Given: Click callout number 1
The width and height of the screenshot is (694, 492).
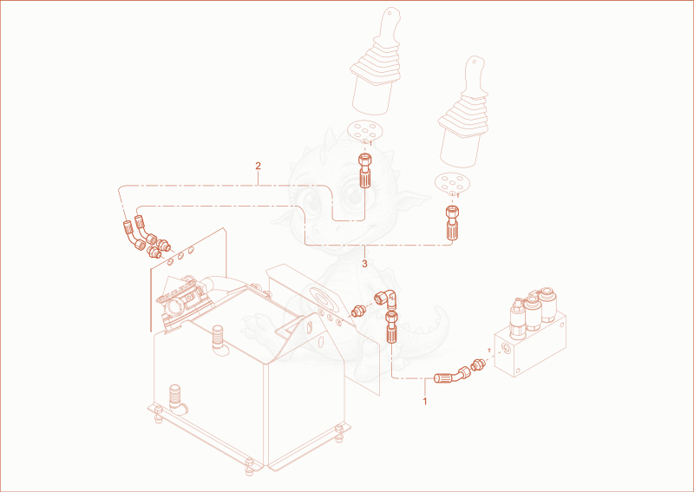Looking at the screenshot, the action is [x=425, y=402].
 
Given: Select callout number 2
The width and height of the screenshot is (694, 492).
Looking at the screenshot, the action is [x=258, y=166].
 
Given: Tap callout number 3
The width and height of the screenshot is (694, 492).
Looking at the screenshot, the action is [x=364, y=264].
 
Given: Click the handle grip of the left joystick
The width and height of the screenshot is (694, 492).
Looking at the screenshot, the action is [x=390, y=24].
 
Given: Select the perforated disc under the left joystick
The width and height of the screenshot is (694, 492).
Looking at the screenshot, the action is [x=364, y=130].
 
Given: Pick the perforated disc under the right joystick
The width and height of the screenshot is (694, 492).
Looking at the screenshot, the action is [x=452, y=182].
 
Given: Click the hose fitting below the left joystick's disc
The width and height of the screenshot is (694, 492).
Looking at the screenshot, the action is [x=364, y=171].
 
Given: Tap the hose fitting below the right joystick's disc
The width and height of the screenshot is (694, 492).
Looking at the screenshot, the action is [x=451, y=223].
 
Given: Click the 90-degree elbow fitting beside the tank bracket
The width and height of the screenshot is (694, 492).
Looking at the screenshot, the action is [x=386, y=300].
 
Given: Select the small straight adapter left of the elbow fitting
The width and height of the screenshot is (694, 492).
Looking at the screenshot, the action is [x=357, y=311].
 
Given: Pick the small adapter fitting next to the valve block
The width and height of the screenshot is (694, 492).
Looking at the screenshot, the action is [x=479, y=364].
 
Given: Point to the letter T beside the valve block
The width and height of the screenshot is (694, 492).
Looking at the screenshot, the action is [x=489, y=350].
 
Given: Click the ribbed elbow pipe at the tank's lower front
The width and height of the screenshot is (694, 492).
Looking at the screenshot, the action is [x=177, y=399].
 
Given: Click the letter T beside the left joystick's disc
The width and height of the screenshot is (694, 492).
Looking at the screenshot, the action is [x=370, y=143].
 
